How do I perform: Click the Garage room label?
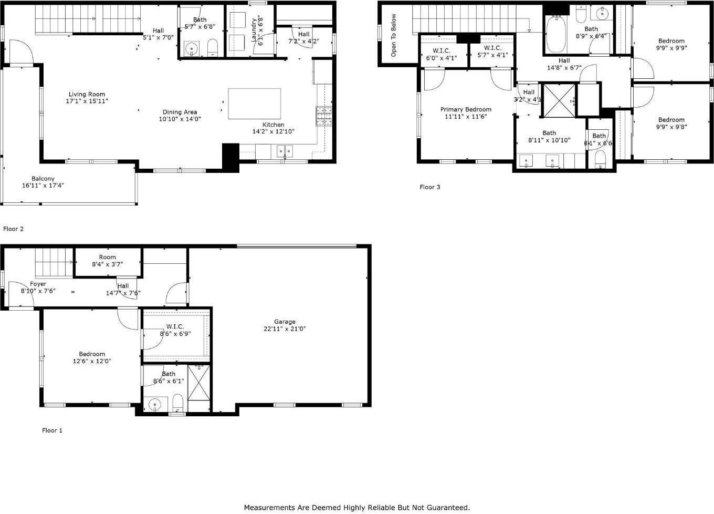point(285,322)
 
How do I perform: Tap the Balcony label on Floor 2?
point(43,179)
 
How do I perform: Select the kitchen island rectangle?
point(254,104)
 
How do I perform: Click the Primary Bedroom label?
point(466,109)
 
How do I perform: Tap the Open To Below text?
point(394,35)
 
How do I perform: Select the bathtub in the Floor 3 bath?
point(555,35)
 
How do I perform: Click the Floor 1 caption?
point(52,430)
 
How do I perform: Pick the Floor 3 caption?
point(430,187)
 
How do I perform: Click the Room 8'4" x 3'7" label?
point(107,261)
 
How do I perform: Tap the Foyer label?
point(38,284)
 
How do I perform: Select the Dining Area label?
point(180,112)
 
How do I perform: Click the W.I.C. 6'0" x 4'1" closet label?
point(442,54)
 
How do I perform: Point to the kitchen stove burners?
point(323,116)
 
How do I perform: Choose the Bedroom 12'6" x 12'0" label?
point(92,357)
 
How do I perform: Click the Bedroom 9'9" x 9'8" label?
point(671,123)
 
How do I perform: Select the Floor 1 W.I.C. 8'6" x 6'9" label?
point(175,330)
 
